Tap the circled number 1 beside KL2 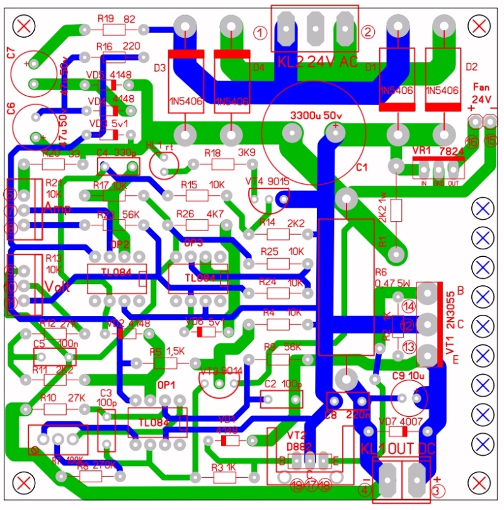point(259,31)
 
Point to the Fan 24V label point(481,94)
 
